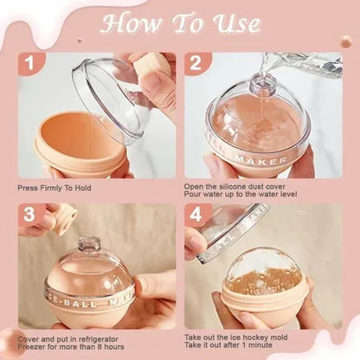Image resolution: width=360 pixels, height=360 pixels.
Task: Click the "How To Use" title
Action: pyautogui.click(x=179, y=23)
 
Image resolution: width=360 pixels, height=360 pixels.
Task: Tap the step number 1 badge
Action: pyautogui.click(x=30, y=63)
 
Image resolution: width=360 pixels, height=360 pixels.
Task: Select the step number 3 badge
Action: pyautogui.click(x=30, y=215)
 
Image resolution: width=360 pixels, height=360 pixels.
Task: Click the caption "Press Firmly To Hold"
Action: pyautogui.click(x=54, y=187)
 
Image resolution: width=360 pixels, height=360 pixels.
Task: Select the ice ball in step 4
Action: pyautogui.click(x=265, y=277)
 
